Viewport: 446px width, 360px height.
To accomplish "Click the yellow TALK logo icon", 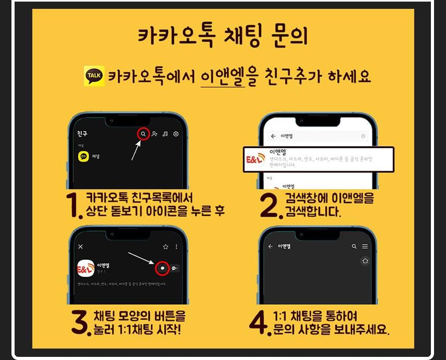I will pos(94,76).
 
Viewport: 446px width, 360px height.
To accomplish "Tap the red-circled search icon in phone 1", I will pos(143,134).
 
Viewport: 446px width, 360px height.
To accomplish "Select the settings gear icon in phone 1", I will pos(176,134).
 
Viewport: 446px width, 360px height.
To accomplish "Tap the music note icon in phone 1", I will pos(165,134).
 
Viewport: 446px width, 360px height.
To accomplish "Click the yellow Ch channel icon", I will pos(83,156).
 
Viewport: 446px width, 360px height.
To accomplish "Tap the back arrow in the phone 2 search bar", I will pos(273,136).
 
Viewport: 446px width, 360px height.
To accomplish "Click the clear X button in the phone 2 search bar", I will pos(363,136).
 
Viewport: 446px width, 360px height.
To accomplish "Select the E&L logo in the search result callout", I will pos(255,159).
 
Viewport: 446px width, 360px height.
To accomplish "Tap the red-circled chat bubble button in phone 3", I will pos(163,268).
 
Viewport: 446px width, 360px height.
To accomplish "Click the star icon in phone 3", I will pos(165,246).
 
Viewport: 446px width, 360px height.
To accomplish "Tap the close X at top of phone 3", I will pos(80,246).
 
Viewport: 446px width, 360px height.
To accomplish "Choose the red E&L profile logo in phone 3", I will pos(85,269).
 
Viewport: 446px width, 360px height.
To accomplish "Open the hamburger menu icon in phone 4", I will pos(365,246).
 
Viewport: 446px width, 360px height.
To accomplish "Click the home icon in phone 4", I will pos(365,262).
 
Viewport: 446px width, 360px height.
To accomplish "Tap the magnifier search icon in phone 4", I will pos(354,246).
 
